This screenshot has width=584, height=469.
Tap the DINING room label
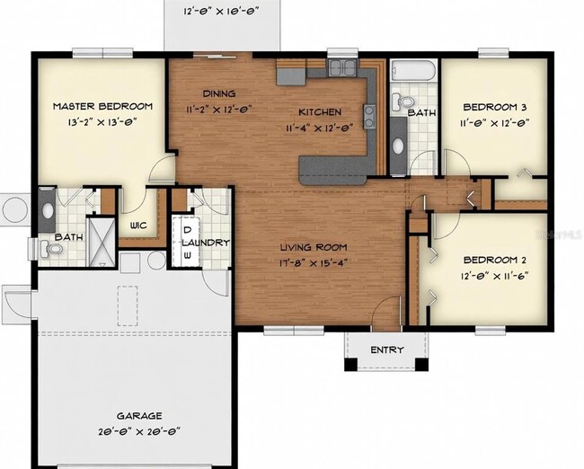[219, 93]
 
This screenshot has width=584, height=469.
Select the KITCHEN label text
[319, 112]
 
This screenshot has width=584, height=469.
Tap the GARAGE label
[138, 416]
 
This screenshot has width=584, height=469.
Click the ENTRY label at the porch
[387, 350]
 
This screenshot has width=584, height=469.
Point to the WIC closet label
[138, 225]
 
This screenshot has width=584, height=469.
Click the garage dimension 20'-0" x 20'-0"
[138, 430]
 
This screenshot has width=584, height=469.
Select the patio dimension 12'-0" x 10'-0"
[220, 13]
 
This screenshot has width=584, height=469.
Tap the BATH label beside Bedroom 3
[421, 113]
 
